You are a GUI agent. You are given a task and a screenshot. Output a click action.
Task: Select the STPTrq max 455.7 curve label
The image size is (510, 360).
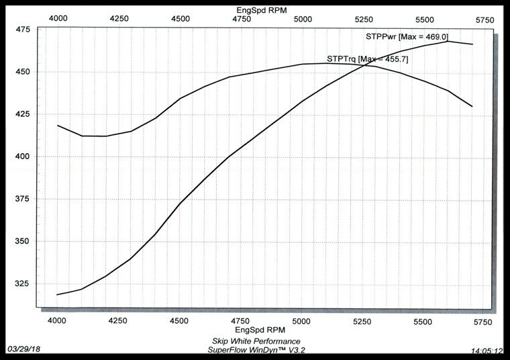(367, 59)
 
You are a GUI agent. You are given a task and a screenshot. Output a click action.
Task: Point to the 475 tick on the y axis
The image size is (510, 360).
(22, 30)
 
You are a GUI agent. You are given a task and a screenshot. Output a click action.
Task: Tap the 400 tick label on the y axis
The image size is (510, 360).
(22, 156)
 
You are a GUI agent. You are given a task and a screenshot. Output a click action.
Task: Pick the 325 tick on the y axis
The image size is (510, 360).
(22, 283)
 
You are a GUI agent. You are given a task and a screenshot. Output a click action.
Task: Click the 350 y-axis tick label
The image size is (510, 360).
(22, 241)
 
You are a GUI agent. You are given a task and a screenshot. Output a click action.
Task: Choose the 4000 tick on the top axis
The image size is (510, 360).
(58, 19)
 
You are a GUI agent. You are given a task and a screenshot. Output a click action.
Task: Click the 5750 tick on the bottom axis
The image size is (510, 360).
(483, 322)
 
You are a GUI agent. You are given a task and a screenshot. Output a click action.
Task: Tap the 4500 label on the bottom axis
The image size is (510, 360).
(180, 322)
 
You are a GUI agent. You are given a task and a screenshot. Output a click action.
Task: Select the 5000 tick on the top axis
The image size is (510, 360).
(302, 19)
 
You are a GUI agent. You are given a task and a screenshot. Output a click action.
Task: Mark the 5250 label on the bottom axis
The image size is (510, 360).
(363, 322)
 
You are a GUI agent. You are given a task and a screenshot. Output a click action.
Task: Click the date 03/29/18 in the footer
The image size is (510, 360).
(23, 350)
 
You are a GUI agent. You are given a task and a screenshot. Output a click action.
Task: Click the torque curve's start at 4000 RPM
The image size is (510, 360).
(58, 126)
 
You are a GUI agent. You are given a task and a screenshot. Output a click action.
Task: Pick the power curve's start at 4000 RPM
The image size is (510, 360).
(58, 295)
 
